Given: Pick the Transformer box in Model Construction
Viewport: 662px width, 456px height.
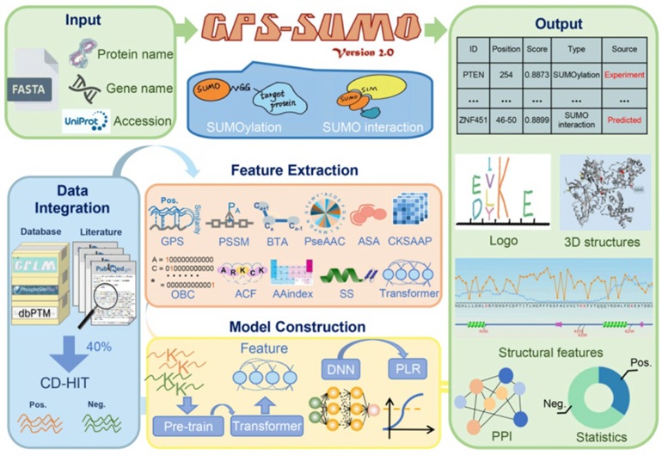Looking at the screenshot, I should click(269, 425).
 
